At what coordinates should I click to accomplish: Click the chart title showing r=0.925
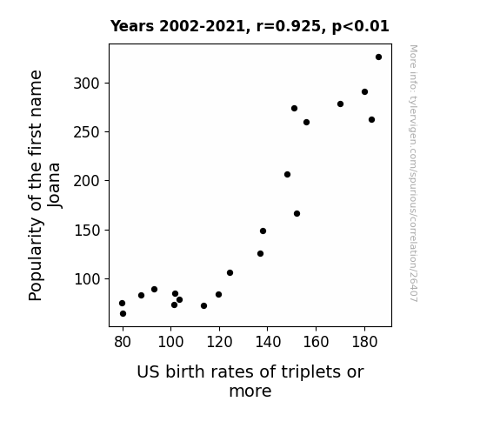pyautogui.click(x=250, y=26)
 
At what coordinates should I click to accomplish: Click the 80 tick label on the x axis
pyautogui.click(x=123, y=342)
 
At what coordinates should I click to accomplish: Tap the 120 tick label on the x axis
pyautogui.click(x=219, y=342)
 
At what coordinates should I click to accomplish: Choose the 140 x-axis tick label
pyautogui.click(x=268, y=342)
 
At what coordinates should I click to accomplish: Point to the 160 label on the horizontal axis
pyautogui.click(x=316, y=342)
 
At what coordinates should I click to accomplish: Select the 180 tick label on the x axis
pyautogui.click(x=364, y=342)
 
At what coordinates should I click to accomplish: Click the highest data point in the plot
pyautogui.click(x=378, y=57)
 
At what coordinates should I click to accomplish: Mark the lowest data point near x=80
pyautogui.click(x=123, y=314)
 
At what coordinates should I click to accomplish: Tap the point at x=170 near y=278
pyautogui.click(x=340, y=104)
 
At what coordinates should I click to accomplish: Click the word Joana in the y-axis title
pyautogui.click(x=55, y=185)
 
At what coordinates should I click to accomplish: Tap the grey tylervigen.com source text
pyautogui.click(x=413, y=173)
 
